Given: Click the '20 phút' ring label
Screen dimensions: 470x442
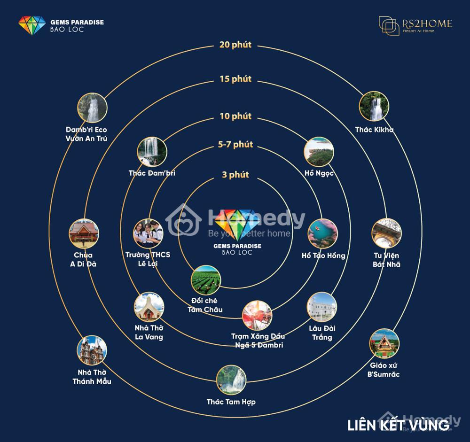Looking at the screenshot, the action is [x=235, y=45].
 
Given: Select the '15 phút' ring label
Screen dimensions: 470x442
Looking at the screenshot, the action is [x=235, y=79].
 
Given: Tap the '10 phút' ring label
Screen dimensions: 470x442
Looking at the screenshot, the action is [x=235, y=116].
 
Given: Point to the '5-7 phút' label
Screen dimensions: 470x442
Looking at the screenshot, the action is [x=235, y=144].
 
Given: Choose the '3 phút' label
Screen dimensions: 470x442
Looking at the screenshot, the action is [x=235, y=174].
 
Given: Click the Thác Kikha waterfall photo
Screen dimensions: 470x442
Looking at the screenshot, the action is [x=374, y=106].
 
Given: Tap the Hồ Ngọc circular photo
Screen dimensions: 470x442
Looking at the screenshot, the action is [x=319, y=152].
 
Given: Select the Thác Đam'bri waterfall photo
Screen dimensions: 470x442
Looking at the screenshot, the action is [x=152, y=152].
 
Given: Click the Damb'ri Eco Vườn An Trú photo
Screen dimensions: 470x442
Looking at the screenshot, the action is [x=92, y=108].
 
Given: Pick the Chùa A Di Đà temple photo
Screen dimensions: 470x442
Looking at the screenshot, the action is [x=84, y=233].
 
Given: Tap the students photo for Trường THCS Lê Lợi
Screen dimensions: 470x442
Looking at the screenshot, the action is [x=148, y=233].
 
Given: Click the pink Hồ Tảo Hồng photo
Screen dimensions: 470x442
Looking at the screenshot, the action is [x=322, y=233].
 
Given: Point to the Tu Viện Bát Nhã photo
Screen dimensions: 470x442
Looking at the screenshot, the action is [x=386, y=233].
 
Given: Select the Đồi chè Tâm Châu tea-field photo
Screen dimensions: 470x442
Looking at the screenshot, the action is [x=206, y=280].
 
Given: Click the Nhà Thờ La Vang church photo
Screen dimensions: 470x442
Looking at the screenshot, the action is [x=149, y=307].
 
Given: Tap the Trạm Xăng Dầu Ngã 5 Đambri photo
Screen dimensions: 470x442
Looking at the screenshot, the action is [x=257, y=316].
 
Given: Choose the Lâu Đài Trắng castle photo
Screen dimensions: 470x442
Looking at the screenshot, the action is [x=322, y=307].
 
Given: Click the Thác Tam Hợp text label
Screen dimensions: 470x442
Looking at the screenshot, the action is [x=231, y=402].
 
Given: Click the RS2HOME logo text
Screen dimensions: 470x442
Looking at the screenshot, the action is [x=427, y=23].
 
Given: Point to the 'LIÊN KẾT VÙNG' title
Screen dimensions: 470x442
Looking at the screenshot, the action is [x=399, y=425].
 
